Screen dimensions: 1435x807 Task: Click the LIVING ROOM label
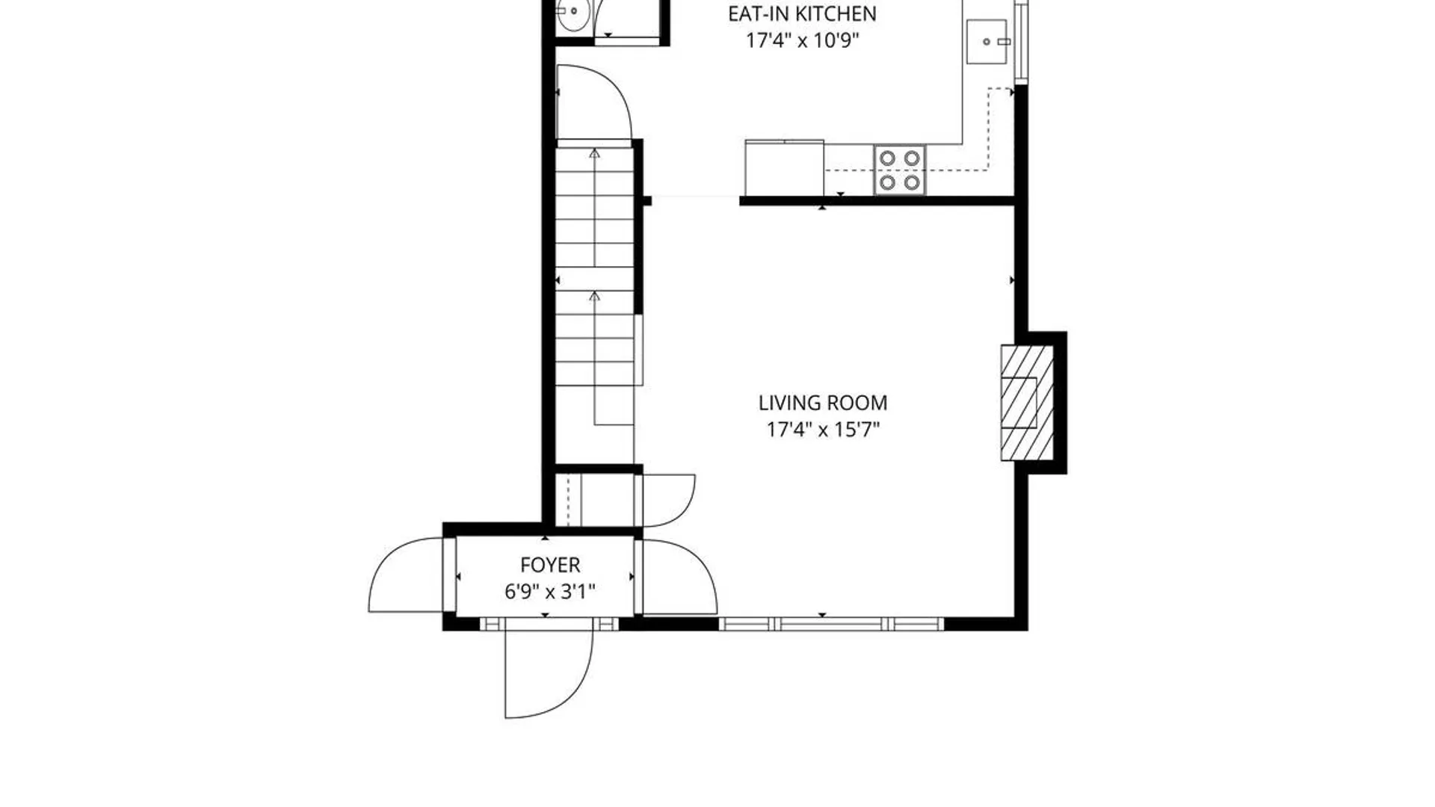pos(823,403)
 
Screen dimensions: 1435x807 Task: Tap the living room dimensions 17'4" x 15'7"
pos(823,430)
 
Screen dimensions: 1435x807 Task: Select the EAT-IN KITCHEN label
pos(802,14)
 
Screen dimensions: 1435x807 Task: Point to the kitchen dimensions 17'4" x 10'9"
pos(802,40)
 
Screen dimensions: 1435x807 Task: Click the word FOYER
pos(550,565)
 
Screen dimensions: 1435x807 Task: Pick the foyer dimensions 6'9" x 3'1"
pos(550,592)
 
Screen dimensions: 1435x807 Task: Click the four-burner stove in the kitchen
pos(899,170)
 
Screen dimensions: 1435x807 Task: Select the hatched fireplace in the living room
pos(1027,403)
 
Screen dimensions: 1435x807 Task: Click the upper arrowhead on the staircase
pos(594,152)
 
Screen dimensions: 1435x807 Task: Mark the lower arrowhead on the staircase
pos(594,296)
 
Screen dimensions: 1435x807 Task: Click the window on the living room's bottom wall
pos(831,624)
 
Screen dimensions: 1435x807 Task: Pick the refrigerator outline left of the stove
pos(785,168)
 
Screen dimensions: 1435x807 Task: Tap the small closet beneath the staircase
pos(596,499)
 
